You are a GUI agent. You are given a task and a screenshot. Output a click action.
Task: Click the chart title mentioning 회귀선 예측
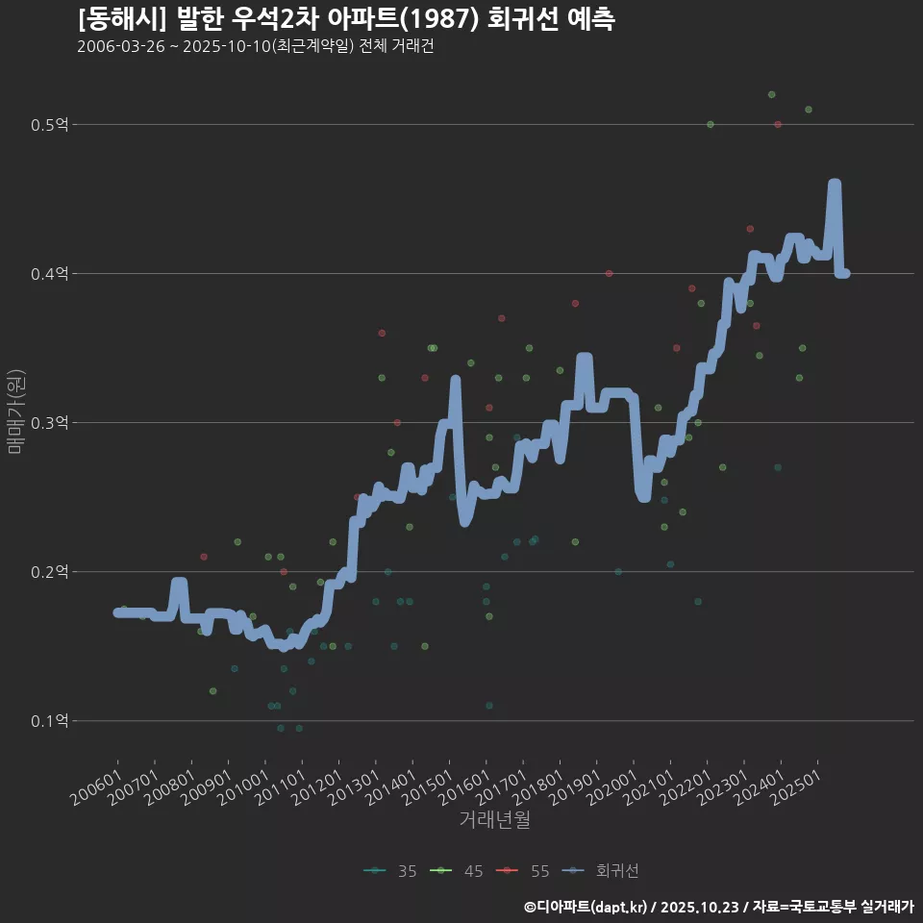point(346,18)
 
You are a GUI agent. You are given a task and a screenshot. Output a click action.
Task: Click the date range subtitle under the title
point(255,46)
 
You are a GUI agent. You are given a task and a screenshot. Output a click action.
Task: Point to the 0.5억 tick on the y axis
point(50,125)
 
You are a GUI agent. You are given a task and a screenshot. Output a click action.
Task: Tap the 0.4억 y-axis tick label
point(50,274)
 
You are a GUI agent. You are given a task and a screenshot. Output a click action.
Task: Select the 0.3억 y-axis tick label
point(50,423)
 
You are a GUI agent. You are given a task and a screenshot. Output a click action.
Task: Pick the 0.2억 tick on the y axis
point(50,572)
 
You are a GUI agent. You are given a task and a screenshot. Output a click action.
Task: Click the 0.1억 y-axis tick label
point(50,721)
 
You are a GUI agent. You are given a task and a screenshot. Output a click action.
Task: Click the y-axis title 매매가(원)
point(16,412)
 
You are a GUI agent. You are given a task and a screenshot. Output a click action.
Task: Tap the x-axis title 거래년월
point(494,819)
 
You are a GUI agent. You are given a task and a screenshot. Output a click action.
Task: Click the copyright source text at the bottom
point(718,906)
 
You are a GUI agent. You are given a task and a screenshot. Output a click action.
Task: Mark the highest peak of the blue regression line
point(835,184)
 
